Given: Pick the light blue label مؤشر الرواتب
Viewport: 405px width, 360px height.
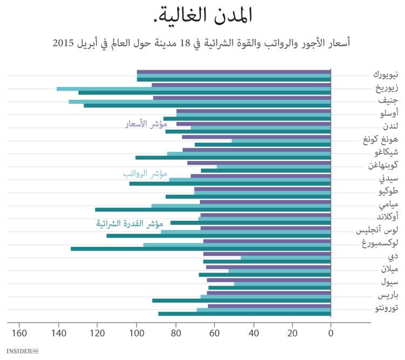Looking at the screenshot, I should pyautogui.click(x=145, y=174).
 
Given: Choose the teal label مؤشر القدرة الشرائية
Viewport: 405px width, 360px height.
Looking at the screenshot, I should pyautogui.click(x=130, y=223).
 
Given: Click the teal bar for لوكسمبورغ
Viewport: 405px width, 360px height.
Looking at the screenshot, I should pyautogui.click(x=200, y=249).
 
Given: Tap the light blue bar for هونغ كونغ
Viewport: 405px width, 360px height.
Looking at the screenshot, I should pyautogui.click(x=281, y=141).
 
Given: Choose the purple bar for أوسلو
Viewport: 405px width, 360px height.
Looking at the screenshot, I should pyautogui.click(x=253, y=111).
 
